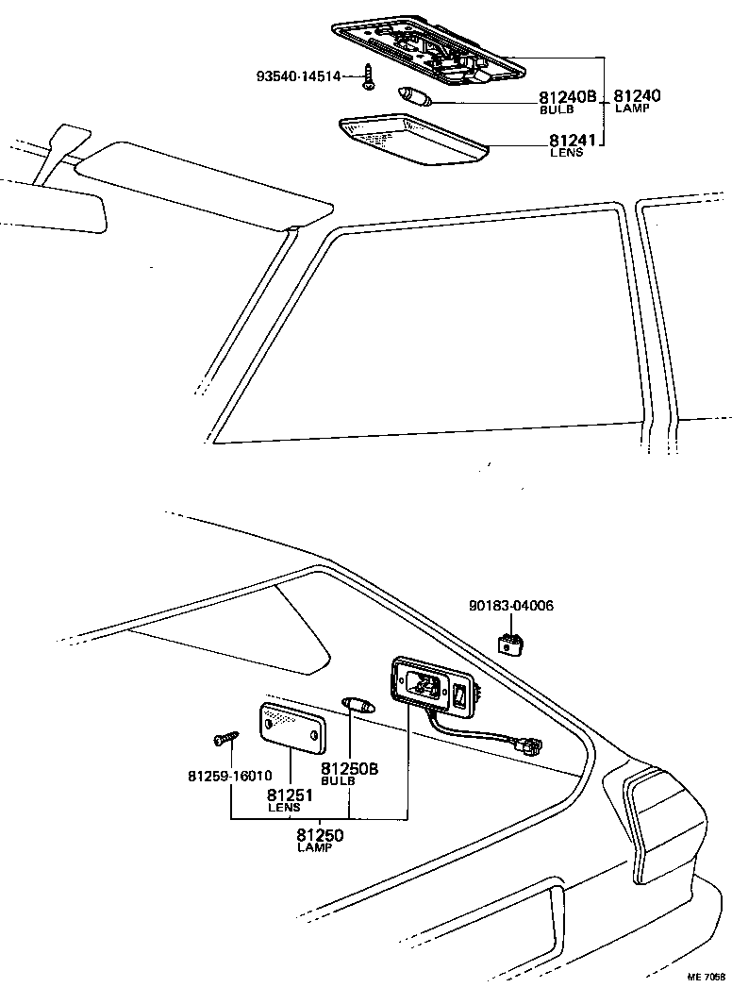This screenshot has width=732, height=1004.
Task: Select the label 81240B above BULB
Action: (568, 97)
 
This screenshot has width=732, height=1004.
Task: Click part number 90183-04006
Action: (511, 605)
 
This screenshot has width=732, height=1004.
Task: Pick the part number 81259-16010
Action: (230, 777)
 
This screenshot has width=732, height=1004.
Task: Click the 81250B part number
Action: (349, 769)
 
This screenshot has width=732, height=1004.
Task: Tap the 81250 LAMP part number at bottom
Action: (320, 834)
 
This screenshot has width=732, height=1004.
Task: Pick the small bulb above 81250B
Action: (358, 704)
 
